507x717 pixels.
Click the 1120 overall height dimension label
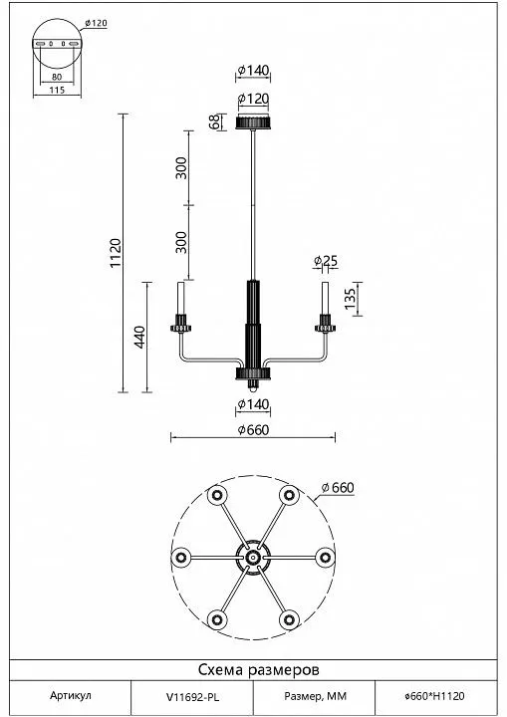tap(116, 253)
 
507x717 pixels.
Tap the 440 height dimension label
tap(139, 337)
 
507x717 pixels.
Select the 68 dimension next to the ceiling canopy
tap(214, 122)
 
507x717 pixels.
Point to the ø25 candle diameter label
tap(326, 261)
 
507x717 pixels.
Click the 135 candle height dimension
tap(350, 299)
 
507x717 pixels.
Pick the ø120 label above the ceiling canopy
tap(253, 99)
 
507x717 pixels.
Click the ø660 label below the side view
tap(253, 430)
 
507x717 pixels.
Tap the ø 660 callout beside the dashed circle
tap(338, 488)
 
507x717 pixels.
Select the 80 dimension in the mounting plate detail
tap(57, 77)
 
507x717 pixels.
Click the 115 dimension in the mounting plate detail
tap(57, 90)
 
